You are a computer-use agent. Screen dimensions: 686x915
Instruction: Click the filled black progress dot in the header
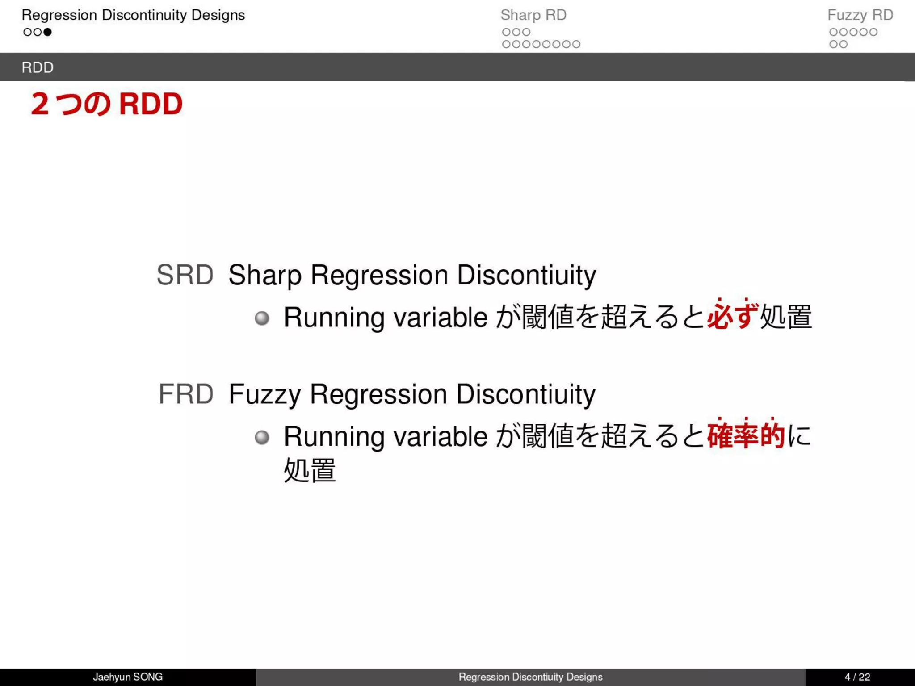click(47, 32)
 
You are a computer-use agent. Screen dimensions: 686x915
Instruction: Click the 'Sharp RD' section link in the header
click(533, 15)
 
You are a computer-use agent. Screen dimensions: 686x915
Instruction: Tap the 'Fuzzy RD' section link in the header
click(860, 15)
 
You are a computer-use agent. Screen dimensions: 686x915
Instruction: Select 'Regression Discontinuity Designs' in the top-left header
click(133, 15)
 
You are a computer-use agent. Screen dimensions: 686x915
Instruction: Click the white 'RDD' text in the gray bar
click(38, 67)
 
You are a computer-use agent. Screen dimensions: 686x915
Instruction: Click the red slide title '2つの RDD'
click(107, 104)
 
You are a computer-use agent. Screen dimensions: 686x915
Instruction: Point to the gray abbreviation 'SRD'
click(185, 275)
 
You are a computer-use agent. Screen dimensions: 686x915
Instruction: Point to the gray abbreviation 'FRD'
click(186, 394)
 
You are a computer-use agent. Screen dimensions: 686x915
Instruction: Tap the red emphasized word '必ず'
click(733, 316)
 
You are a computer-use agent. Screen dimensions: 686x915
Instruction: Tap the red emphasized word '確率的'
click(746, 435)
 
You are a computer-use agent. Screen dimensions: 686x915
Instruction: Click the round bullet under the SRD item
click(262, 318)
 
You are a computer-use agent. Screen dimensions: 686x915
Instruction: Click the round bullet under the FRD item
click(262, 437)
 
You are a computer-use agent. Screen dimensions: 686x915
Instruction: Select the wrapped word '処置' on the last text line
click(310, 470)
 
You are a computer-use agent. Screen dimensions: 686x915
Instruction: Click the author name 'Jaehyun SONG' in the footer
click(128, 677)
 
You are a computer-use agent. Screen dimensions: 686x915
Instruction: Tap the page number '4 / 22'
click(857, 677)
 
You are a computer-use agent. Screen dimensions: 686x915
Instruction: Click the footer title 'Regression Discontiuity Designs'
click(530, 677)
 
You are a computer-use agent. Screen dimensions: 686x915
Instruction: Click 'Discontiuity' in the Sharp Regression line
click(526, 275)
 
